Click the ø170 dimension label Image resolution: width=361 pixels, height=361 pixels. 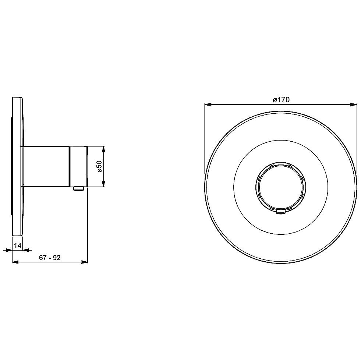281,100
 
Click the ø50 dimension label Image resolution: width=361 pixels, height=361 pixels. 99,166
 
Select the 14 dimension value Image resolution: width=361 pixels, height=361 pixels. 18,246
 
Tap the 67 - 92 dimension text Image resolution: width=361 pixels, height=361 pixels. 50,258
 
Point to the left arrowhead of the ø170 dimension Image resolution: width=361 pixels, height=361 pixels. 208,105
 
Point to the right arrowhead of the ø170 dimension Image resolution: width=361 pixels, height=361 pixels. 354,105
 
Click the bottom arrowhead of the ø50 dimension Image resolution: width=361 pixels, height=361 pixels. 103,183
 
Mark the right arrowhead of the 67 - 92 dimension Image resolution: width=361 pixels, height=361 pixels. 85,262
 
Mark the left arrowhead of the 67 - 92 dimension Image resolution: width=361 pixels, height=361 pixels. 15,262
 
